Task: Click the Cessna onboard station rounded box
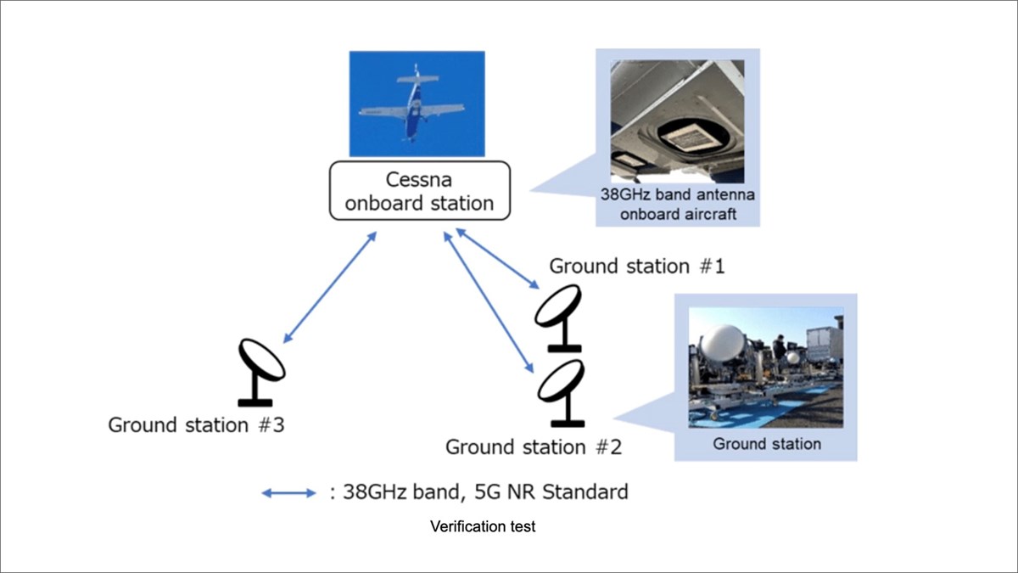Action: (419, 192)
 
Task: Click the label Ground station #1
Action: (636, 266)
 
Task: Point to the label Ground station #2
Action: (534, 447)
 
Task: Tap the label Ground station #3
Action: (196, 424)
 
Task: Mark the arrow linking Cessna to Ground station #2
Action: (489, 301)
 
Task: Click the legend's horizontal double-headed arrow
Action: (288, 492)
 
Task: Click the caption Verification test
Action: (483, 526)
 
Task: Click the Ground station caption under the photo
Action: (767, 443)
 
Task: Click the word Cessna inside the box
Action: (420, 180)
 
